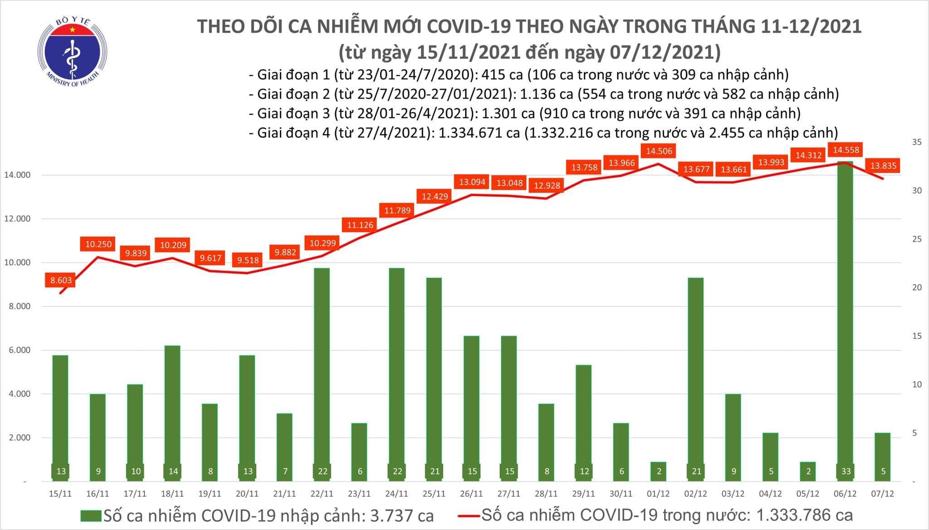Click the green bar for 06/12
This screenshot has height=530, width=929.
coord(846,318)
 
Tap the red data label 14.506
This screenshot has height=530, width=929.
coord(659,151)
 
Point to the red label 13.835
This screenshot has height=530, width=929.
coord(883,166)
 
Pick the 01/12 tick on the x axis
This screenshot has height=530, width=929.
coord(659,494)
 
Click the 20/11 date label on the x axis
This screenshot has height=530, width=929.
coord(247,494)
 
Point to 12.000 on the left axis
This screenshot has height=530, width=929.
coord(17,219)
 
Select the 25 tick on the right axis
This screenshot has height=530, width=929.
coord(904,239)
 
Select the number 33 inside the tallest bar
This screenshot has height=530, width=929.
coord(846,471)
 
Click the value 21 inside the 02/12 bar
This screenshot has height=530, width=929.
coord(696,471)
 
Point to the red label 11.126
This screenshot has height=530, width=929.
coord(360,225)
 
